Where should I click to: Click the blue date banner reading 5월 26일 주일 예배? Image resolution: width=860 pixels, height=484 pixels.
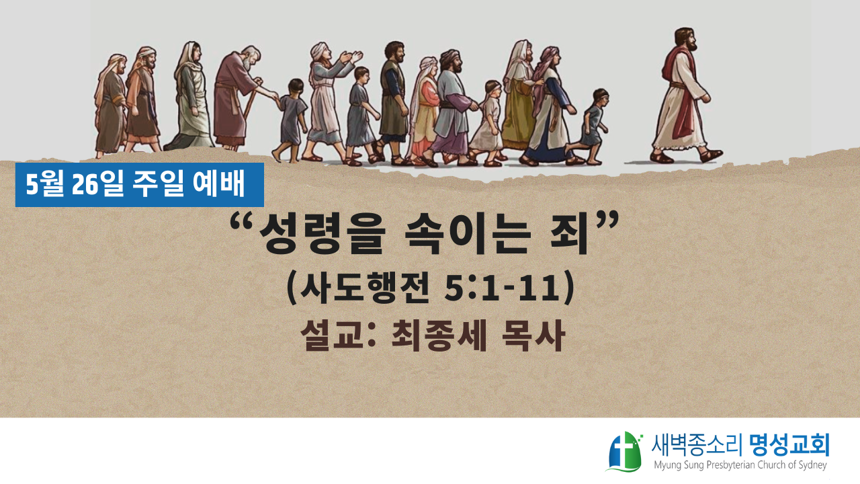[139, 185]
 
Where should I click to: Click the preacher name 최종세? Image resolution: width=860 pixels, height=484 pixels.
[439, 335]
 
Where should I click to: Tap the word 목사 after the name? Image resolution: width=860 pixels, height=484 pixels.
[533, 335]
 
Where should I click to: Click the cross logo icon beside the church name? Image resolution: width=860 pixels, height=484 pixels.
[625, 451]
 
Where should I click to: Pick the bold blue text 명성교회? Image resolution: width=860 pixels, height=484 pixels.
[789, 445]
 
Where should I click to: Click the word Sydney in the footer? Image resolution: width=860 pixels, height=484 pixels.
[812, 466]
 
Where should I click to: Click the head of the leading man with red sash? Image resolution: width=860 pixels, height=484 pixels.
[686, 40]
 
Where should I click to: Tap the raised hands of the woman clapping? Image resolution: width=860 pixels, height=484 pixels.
[351, 57]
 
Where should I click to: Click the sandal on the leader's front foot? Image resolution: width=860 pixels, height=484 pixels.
[712, 155]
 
